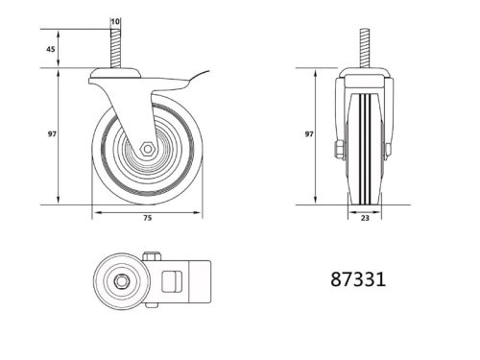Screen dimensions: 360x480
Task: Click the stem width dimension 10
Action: tap(116, 21)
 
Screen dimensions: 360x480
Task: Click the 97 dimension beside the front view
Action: tap(310, 135)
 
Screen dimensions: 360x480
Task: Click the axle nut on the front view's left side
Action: tap(338, 150)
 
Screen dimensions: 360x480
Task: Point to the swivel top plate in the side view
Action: tap(116, 75)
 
